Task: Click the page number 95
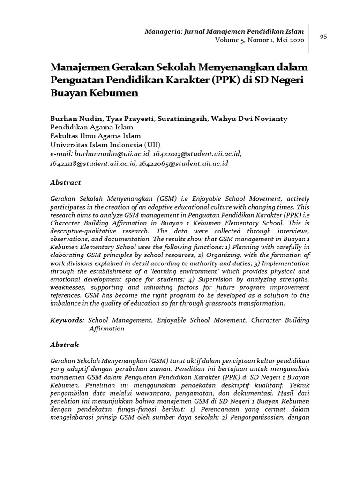pos(323,37)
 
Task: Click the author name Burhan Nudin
pos(71,119)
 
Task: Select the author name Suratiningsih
pos(179,119)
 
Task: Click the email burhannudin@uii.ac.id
pos(108,153)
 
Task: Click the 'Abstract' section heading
pos(66,182)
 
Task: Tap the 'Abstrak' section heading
pos(65,345)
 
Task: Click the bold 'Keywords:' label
pos(67,320)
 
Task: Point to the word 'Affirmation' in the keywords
pos(107,329)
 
